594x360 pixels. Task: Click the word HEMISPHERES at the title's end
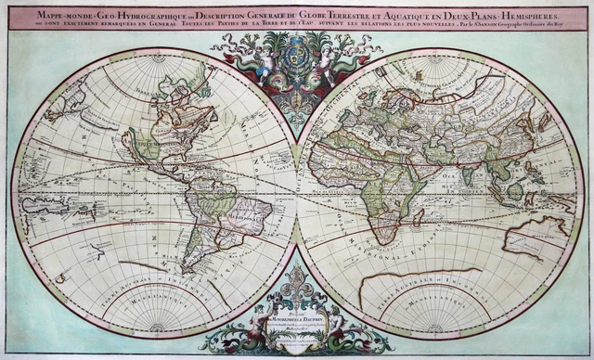pyautogui.click(x=523, y=15)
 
